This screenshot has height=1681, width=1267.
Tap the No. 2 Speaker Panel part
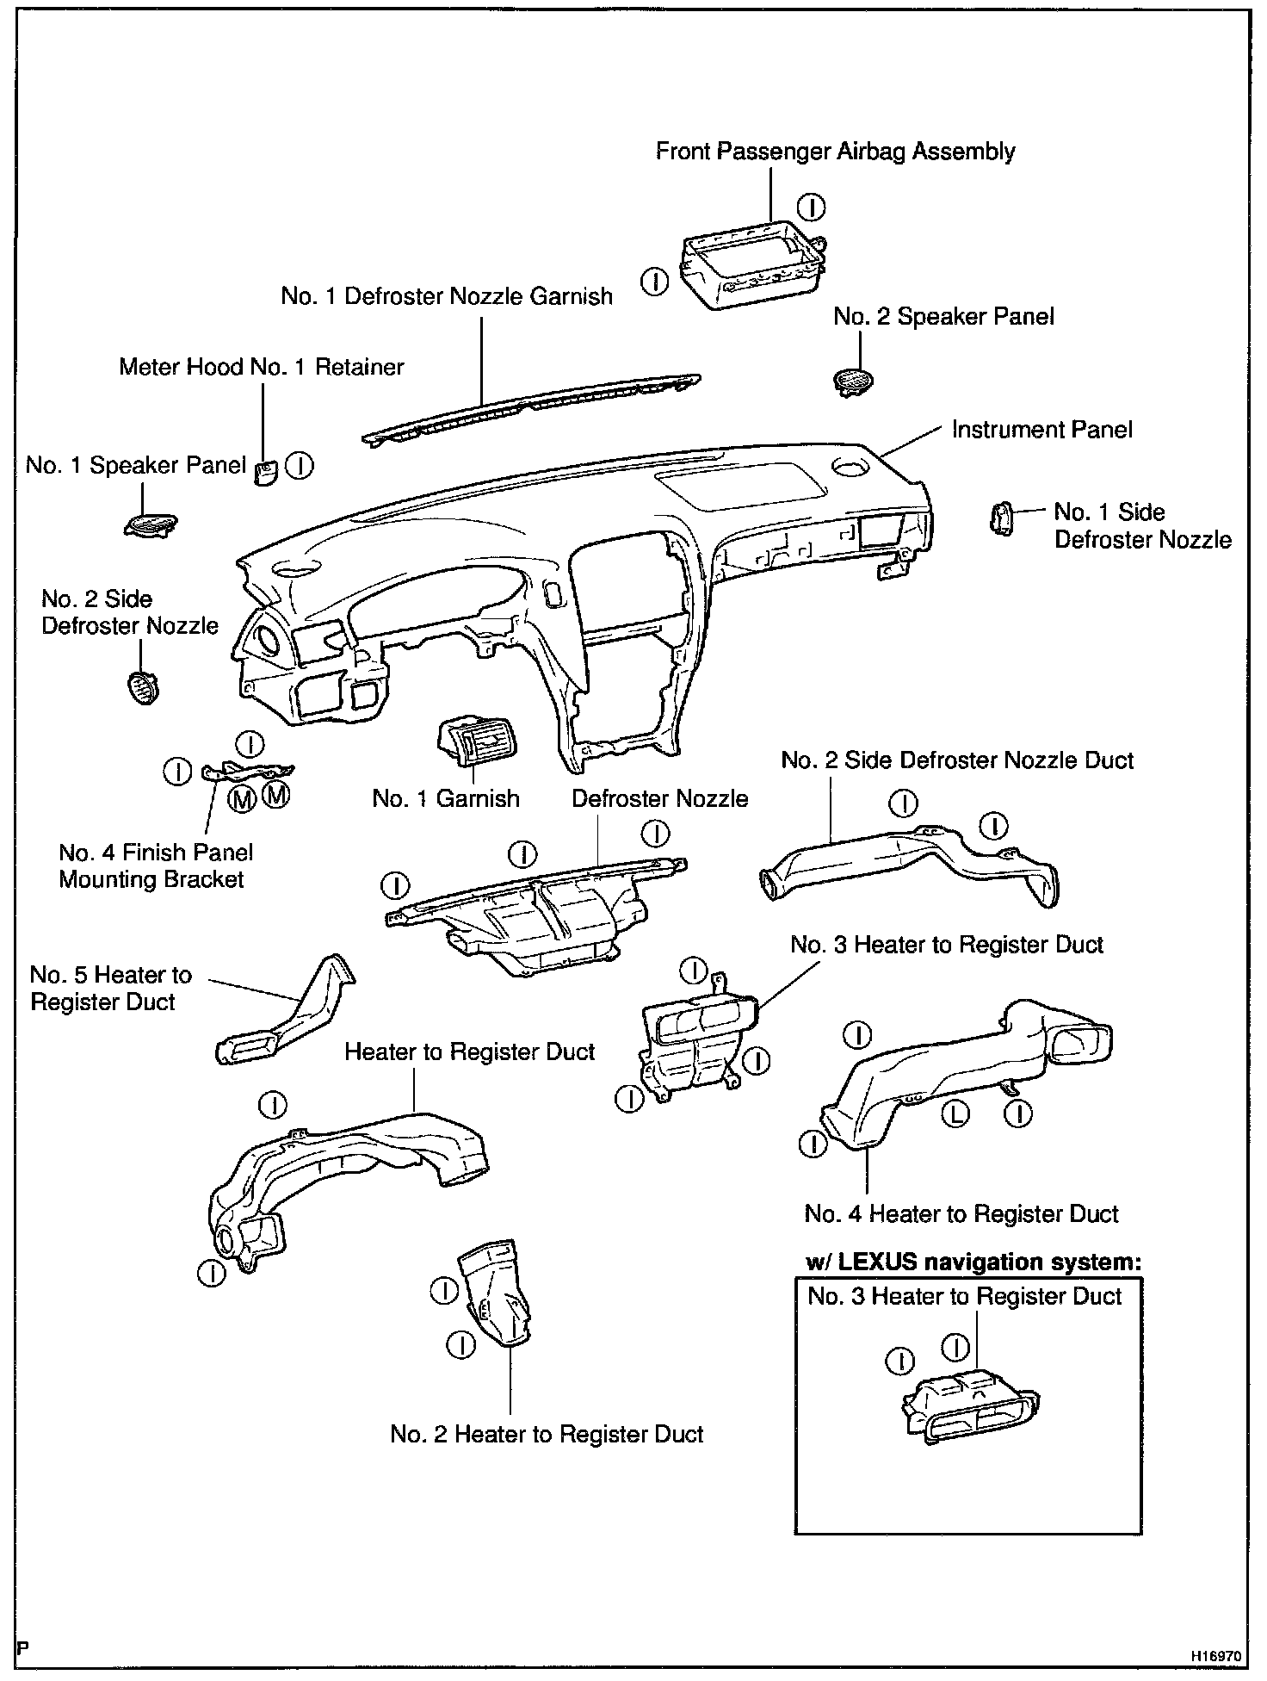(855, 380)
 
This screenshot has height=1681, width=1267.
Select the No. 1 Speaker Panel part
(151, 524)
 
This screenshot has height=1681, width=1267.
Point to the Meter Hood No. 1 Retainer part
(265, 471)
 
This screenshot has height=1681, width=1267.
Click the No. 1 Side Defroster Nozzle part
(1001, 518)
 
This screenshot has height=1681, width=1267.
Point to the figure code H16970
(1216, 1655)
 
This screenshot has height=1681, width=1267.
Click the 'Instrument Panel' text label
(1041, 429)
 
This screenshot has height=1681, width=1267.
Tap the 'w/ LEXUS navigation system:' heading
(973, 1262)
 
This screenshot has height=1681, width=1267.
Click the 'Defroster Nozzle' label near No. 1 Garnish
(659, 798)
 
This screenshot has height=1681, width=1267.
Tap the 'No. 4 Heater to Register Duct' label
(961, 1213)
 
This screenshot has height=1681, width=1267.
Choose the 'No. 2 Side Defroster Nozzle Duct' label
(957, 760)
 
